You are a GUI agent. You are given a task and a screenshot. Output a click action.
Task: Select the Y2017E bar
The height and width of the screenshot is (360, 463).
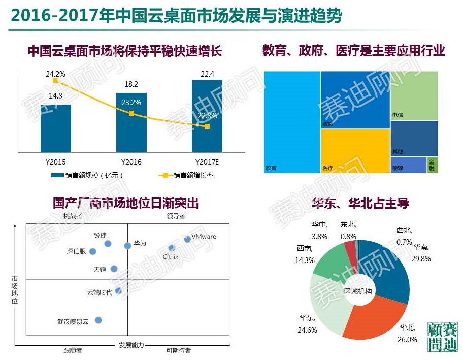coord(207,116)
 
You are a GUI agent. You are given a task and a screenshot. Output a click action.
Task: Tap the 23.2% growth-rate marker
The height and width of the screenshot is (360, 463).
coord(131,113)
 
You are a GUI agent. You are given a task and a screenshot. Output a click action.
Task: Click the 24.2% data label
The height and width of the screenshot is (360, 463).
coord(55,74)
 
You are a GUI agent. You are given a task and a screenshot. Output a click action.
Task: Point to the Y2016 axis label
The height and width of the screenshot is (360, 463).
coord(131,162)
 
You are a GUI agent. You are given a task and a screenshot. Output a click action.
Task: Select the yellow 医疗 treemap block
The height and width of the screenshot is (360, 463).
coord(354,151)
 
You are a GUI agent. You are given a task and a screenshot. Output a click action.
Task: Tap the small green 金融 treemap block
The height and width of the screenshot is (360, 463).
coord(432,165)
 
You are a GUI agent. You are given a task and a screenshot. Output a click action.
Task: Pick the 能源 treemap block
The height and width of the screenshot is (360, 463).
coord(408,165)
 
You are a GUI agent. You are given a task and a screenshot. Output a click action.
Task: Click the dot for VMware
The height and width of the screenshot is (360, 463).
coord(187,239)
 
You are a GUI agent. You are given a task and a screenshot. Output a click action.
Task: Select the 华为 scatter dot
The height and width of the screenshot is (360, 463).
coord(127,246)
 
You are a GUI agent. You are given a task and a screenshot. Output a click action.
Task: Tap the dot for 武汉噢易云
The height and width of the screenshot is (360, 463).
coord(98,320)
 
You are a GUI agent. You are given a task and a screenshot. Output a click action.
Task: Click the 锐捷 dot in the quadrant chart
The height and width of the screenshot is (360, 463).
coord(108,244)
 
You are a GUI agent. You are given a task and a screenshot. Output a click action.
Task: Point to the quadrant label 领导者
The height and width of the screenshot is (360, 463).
coord(176,216)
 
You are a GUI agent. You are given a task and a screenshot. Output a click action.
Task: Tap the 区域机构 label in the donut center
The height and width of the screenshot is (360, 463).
coord(358,291)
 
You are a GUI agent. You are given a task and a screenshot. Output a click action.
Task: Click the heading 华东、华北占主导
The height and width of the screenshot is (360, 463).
coord(361,204)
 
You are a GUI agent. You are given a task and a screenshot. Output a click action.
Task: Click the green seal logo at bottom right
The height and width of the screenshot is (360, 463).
coord(443,337)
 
